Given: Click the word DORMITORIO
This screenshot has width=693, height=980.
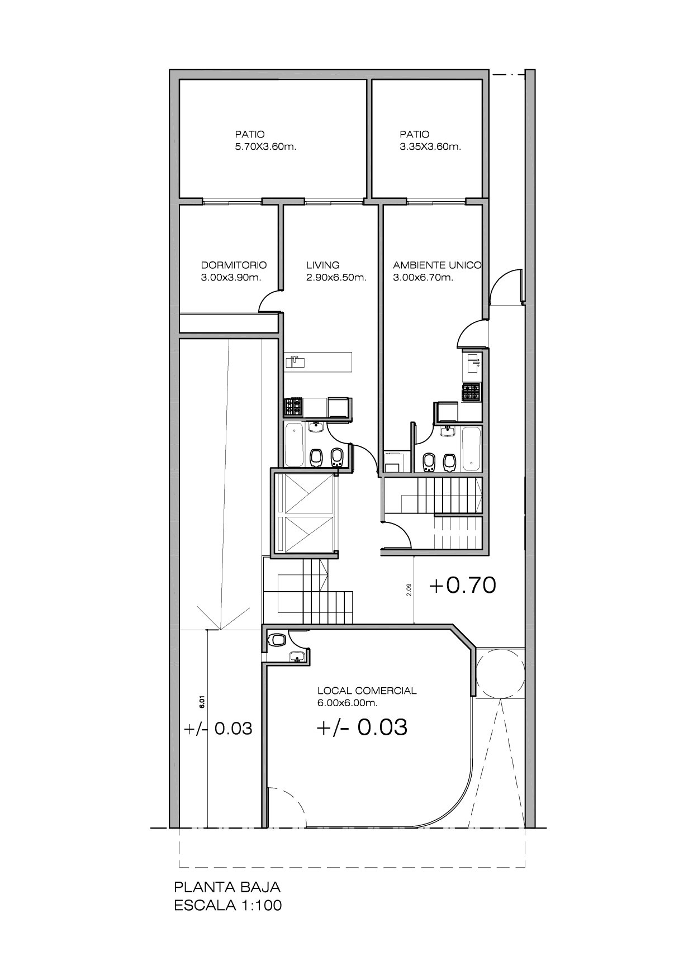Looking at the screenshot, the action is (x=234, y=265).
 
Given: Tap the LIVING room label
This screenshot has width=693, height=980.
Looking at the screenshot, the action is (x=322, y=265).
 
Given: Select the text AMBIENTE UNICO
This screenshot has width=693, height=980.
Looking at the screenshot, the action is (x=437, y=265).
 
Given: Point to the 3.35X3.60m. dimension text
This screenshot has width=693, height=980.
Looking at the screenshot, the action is (x=430, y=147).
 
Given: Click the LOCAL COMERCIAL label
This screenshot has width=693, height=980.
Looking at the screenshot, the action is (x=367, y=691).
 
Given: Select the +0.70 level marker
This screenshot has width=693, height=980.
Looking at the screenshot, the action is (x=462, y=586).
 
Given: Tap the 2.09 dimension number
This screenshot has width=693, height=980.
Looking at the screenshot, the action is (x=409, y=590).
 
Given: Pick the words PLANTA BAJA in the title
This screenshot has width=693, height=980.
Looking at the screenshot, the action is (x=227, y=887).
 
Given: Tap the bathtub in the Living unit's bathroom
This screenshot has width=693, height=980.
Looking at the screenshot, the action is (x=294, y=445).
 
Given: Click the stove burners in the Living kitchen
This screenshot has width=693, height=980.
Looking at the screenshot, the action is (x=293, y=406).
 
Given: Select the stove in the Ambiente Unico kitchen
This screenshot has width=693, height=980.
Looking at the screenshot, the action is (x=471, y=392).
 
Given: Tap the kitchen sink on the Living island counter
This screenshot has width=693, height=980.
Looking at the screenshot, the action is (x=295, y=362).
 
